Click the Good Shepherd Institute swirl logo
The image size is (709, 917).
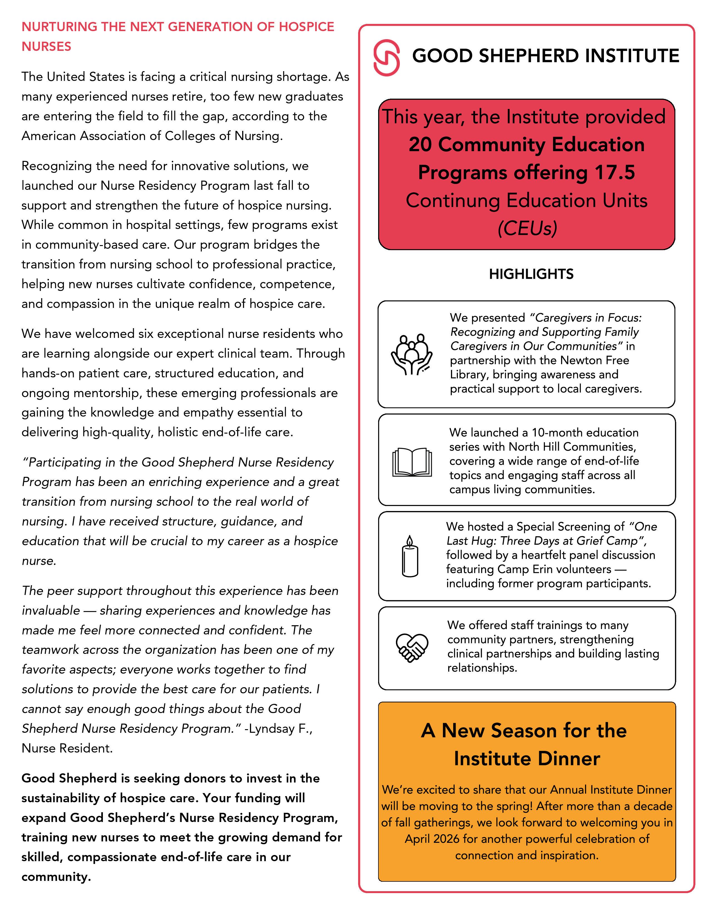click(x=386, y=58)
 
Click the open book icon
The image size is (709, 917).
click(x=411, y=462)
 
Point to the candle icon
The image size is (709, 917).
click(x=410, y=556)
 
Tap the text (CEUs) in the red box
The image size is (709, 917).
click(x=527, y=228)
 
